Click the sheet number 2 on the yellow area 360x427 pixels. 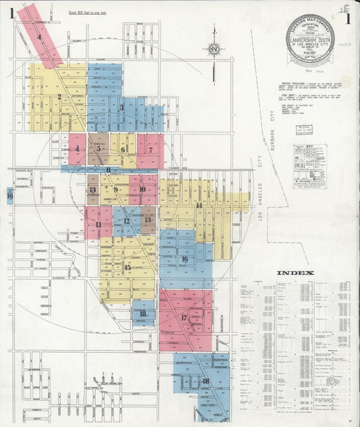[59, 97]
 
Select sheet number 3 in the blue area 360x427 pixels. [122, 107]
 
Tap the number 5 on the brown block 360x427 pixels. [99, 149]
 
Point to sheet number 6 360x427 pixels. [123, 149]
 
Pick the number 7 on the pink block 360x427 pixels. [150, 149]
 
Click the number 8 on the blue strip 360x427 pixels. [108, 170]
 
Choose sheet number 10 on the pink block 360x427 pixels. [143, 190]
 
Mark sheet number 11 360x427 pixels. [99, 224]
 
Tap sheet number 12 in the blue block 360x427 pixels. [126, 221]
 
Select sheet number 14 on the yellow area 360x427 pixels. [199, 205]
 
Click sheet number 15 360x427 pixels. [127, 268]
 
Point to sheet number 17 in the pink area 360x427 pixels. [184, 318]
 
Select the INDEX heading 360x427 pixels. [294, 273]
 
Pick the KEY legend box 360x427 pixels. [309, 166]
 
